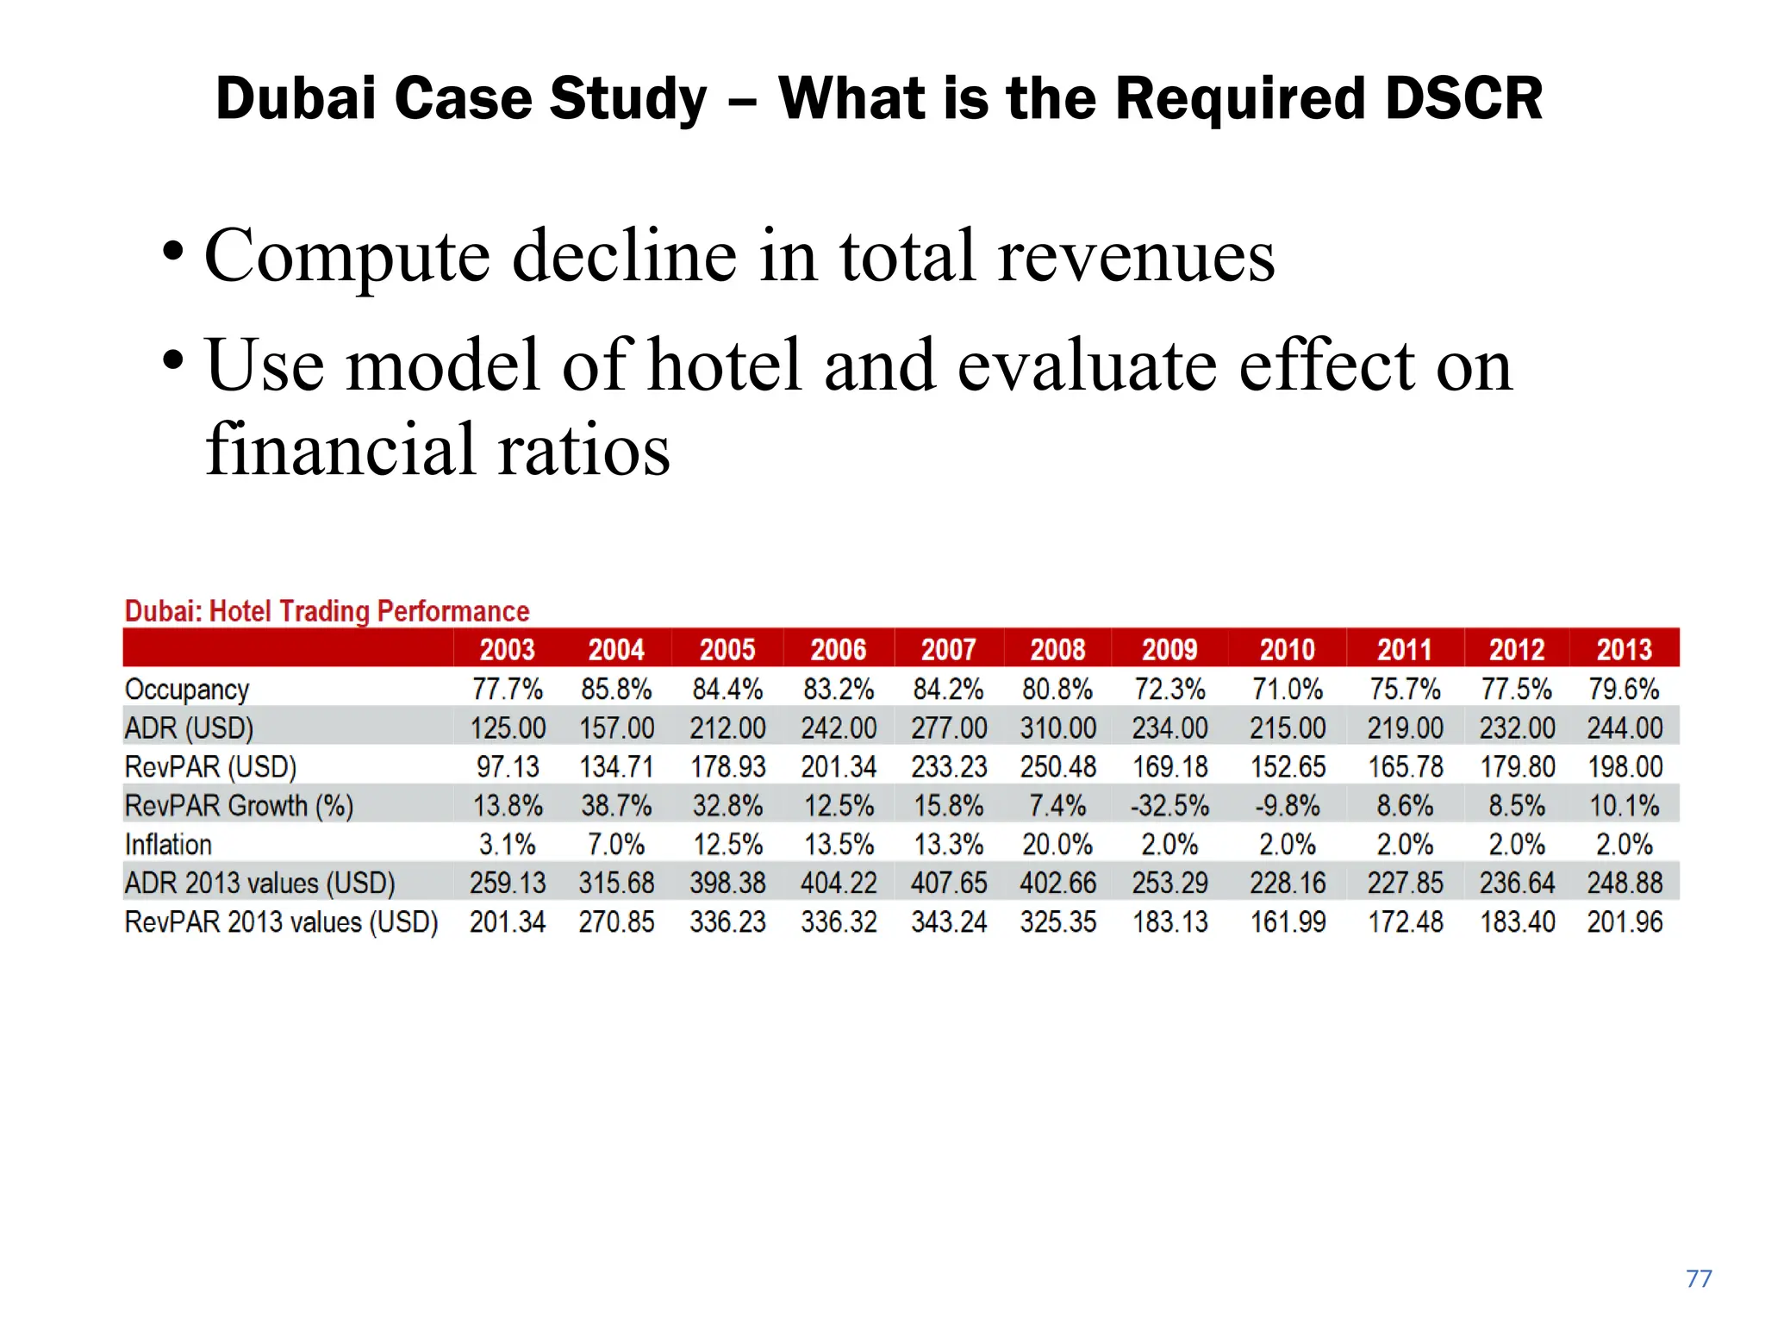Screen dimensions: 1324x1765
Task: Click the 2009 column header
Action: (x=1169, y=649)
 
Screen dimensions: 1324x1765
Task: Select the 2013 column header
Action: (x=1624, y=649)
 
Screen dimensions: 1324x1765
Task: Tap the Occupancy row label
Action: (x=187, y=690)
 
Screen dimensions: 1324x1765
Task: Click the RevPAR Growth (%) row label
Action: (x=239, y=806)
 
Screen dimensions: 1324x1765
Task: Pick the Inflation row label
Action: (x=168, y=845)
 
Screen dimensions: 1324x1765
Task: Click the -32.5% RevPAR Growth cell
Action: (x=1169, y=806)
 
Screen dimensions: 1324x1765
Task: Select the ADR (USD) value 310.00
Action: (x=1058, y=728)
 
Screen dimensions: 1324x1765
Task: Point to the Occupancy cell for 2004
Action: (x=616, y=690)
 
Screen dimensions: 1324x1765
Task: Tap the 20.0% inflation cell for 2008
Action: (x=1058, y=845)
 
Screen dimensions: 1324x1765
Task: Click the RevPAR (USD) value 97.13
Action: (x=508, y=767)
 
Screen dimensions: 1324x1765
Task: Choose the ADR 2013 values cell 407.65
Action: (x=949, y=884)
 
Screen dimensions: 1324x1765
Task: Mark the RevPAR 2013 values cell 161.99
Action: (x=1288, y=922)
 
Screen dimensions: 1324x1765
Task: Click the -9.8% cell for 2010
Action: (x=1288, y=806)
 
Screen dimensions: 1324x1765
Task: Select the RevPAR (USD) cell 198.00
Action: (x=1624, y=767)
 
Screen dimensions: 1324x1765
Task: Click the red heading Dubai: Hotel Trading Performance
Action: (x=327, y=611)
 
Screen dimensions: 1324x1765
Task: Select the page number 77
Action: (x=1699, y=1278)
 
